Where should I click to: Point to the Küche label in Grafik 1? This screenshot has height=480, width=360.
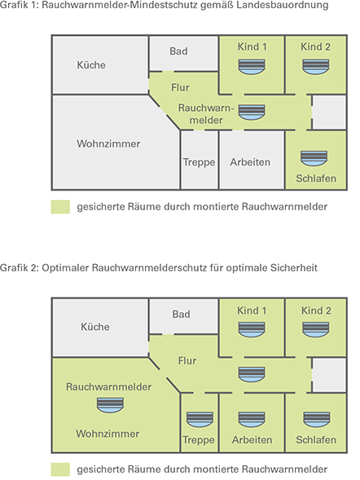91,65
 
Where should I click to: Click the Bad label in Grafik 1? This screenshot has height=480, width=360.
178,51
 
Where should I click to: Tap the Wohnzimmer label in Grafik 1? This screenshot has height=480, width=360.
108,143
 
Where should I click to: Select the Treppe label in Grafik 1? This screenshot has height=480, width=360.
199,162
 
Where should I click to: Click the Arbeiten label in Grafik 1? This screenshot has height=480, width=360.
251,162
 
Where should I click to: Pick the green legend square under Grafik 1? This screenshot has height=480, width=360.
59,207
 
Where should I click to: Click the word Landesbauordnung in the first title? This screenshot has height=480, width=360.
280,7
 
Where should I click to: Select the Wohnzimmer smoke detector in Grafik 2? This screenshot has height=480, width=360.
109,403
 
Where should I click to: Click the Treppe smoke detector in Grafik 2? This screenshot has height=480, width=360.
199,419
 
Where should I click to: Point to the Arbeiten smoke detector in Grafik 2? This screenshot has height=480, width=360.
251,419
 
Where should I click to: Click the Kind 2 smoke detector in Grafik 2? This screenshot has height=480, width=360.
316,328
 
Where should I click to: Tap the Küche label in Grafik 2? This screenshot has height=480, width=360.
95,327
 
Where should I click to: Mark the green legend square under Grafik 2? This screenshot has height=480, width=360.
59,469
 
